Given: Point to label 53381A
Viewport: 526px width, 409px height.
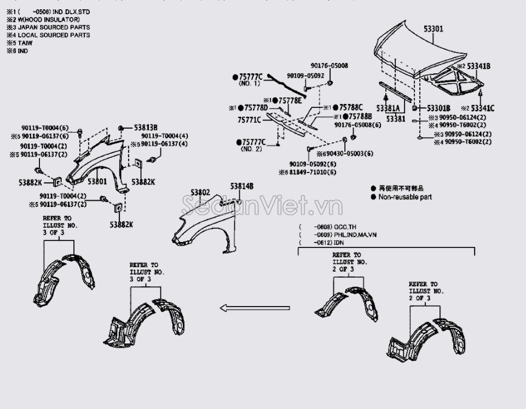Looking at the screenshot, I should [x=387, y=108].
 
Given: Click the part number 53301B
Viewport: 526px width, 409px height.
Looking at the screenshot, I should [x=438, y=108].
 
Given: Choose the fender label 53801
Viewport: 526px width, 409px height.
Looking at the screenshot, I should [x=97, y=181].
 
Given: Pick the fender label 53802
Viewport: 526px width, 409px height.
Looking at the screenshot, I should [x=200, y=192].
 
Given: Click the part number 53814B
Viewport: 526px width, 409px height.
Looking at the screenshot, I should [x=242, y=186].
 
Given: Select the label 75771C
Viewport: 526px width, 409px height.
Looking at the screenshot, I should [x=249, y=119].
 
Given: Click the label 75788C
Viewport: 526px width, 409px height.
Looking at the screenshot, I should [x=351, y=107].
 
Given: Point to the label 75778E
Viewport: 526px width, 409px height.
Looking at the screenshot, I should [x=290, y=101].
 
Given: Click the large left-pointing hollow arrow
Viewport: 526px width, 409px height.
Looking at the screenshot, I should [x=255, y=308].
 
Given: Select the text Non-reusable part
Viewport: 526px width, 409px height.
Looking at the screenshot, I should [x=405, y=197].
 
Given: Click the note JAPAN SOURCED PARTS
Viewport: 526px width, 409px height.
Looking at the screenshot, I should [x=54, y=27].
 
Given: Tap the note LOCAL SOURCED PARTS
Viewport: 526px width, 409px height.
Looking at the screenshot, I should [x=54, y=35].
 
